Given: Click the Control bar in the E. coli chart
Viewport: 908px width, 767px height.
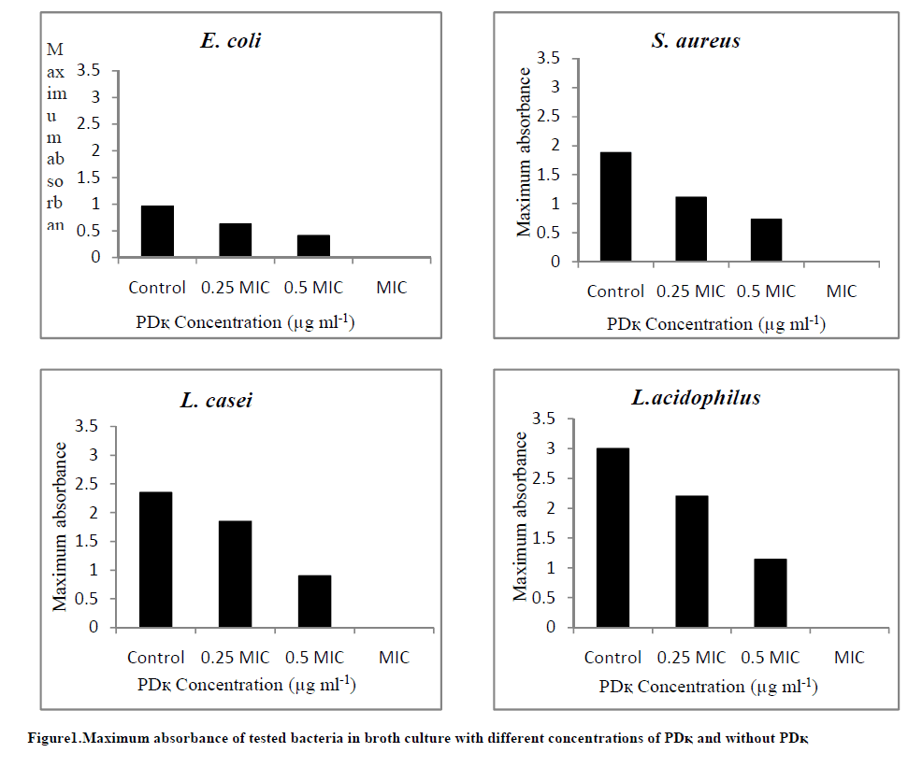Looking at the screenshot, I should pyautogui.click(x=157, y=231).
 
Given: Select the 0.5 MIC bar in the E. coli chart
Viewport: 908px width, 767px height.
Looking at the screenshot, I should pyautogui.click(x=314, y=246).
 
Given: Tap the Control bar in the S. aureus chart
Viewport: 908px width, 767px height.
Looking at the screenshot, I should pyautogui.click(x=616, y=206).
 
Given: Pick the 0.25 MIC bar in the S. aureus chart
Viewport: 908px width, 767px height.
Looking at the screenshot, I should pyautogui.click(x=691, y=229).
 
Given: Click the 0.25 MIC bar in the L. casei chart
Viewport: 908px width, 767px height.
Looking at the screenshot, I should pyautogui.click(x=236, y=574).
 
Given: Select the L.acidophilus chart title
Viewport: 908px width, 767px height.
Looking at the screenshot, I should pyautogui.click(x=696, y=397).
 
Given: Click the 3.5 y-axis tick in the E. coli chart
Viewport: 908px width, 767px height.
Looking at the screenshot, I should pyautogui.click(x=87, y=70).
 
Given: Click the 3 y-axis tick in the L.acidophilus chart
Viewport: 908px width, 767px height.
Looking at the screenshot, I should pyautogui.click(x=559, y=448).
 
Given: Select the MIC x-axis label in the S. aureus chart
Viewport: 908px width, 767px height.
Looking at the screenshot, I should pyautogui.click(x=842, y=291).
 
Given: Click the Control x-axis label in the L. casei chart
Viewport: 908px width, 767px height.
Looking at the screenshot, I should pyautogui.click(x=156, y=658).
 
